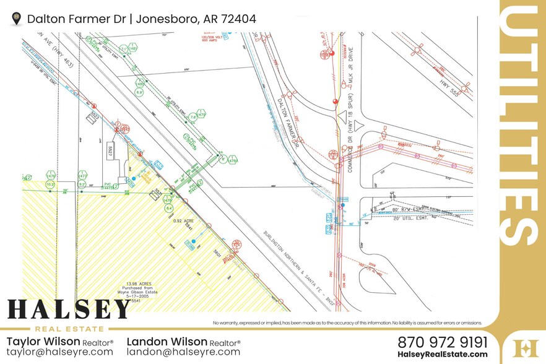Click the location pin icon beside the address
pos(17,19)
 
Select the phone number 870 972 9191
pos(442,342)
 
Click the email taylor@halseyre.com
pos(59,352)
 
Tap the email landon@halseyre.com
pos(183,352)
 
